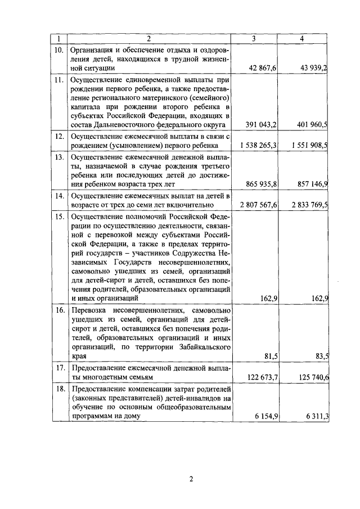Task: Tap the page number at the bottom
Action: click(191, 479)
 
